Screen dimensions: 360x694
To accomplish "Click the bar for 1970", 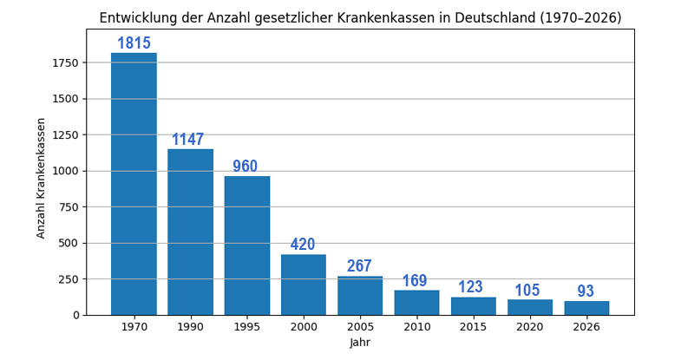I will pyautogui.click(x=134, y=184).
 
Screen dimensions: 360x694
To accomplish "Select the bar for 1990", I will pyautogui.click(x=190, y=232).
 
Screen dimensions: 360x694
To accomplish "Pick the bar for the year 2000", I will pyautogui.click(x=304, y=285).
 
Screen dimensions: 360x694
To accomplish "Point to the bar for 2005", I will pyautogui.click(x=360, y=296).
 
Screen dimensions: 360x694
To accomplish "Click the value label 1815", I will pyautogui.click(x=134, y=43).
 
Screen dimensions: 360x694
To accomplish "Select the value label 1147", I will pyautogui.click(x=187, y=140).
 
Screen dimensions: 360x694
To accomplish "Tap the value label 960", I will pyautogui.click(x=246, y=167).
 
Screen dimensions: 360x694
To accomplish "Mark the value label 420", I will pyautogui.click(x=303, y=245).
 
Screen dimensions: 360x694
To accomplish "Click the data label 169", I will pyautogui.click(x=415, y=281).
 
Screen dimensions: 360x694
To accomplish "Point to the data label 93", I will pyautogui.click(x=586, y=291).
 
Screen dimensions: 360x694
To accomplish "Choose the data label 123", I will pyautogui.click(x=471, y=287).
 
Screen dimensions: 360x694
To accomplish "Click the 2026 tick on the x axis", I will pyautogui.click(x=586, y=328).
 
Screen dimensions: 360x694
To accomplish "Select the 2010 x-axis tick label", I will pyautogui.click(x=416, y=328).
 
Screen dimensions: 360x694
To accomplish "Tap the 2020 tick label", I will pyautogui.click(x=529, y=328).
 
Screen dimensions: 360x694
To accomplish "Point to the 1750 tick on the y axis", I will pyautogui.click(x=67, y=62).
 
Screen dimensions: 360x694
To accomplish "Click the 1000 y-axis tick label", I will pyautogui.click(x=67, y=171).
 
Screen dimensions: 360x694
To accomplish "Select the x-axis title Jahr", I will pyautogui.click(x=360, y=344).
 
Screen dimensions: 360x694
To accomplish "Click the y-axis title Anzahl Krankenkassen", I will pyautogui.click(x=41, y=178).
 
